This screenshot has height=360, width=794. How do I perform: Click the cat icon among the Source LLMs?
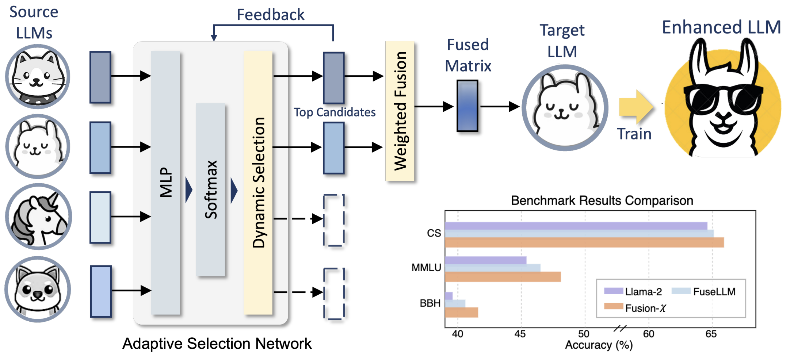coord(38,77)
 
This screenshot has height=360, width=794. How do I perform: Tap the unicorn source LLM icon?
coord(38,217)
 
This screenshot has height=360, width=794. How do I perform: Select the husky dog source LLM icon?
coord(38,289)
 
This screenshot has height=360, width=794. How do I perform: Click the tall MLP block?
coord(165,183)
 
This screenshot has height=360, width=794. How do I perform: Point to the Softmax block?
coord(211,190)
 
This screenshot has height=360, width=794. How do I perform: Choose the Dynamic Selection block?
coord(258,183)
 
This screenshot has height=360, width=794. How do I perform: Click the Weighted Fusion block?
coord(400,111)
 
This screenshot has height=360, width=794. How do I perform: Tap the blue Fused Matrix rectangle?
coord(467,106)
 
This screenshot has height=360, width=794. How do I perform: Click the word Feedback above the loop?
coord(270,15)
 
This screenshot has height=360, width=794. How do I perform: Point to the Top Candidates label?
coord(335,112)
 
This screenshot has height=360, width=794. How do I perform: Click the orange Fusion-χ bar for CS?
coord(584,242)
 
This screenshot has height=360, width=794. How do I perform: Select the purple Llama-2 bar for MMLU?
coord(485,260)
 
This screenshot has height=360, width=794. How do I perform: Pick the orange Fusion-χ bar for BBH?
coord(461,313)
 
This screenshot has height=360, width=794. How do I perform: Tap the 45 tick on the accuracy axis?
coord(520,334)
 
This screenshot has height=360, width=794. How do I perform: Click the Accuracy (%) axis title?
coord(599,345)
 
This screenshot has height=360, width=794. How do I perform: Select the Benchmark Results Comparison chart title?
coord(602,200)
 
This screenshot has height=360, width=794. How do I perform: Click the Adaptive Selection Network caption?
coord(217,344)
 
